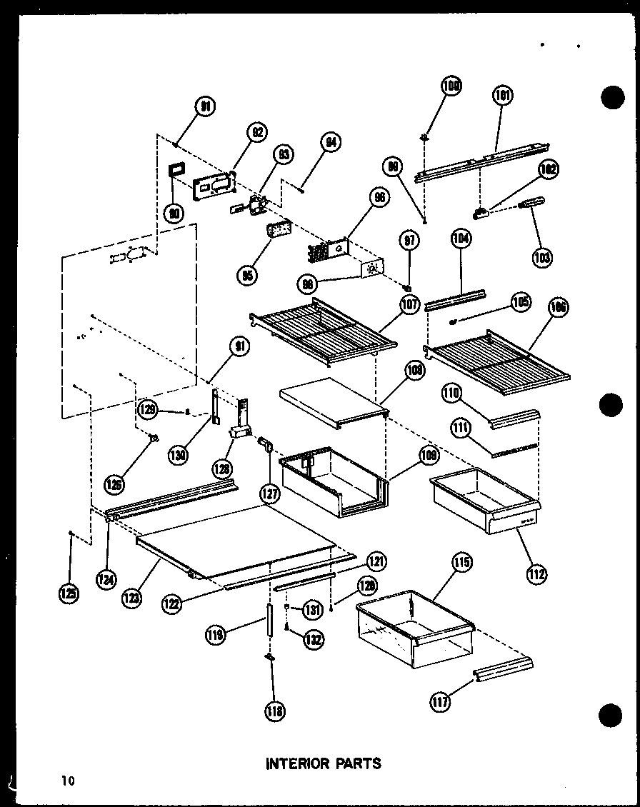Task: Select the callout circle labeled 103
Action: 542,257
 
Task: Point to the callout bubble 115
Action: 461,563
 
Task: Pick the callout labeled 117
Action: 441,703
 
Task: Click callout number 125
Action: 69,592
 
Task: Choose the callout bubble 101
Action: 503,95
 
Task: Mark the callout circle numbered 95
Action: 249,275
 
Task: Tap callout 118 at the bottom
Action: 274,710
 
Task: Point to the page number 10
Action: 67,781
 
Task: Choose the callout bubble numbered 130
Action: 176,454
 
